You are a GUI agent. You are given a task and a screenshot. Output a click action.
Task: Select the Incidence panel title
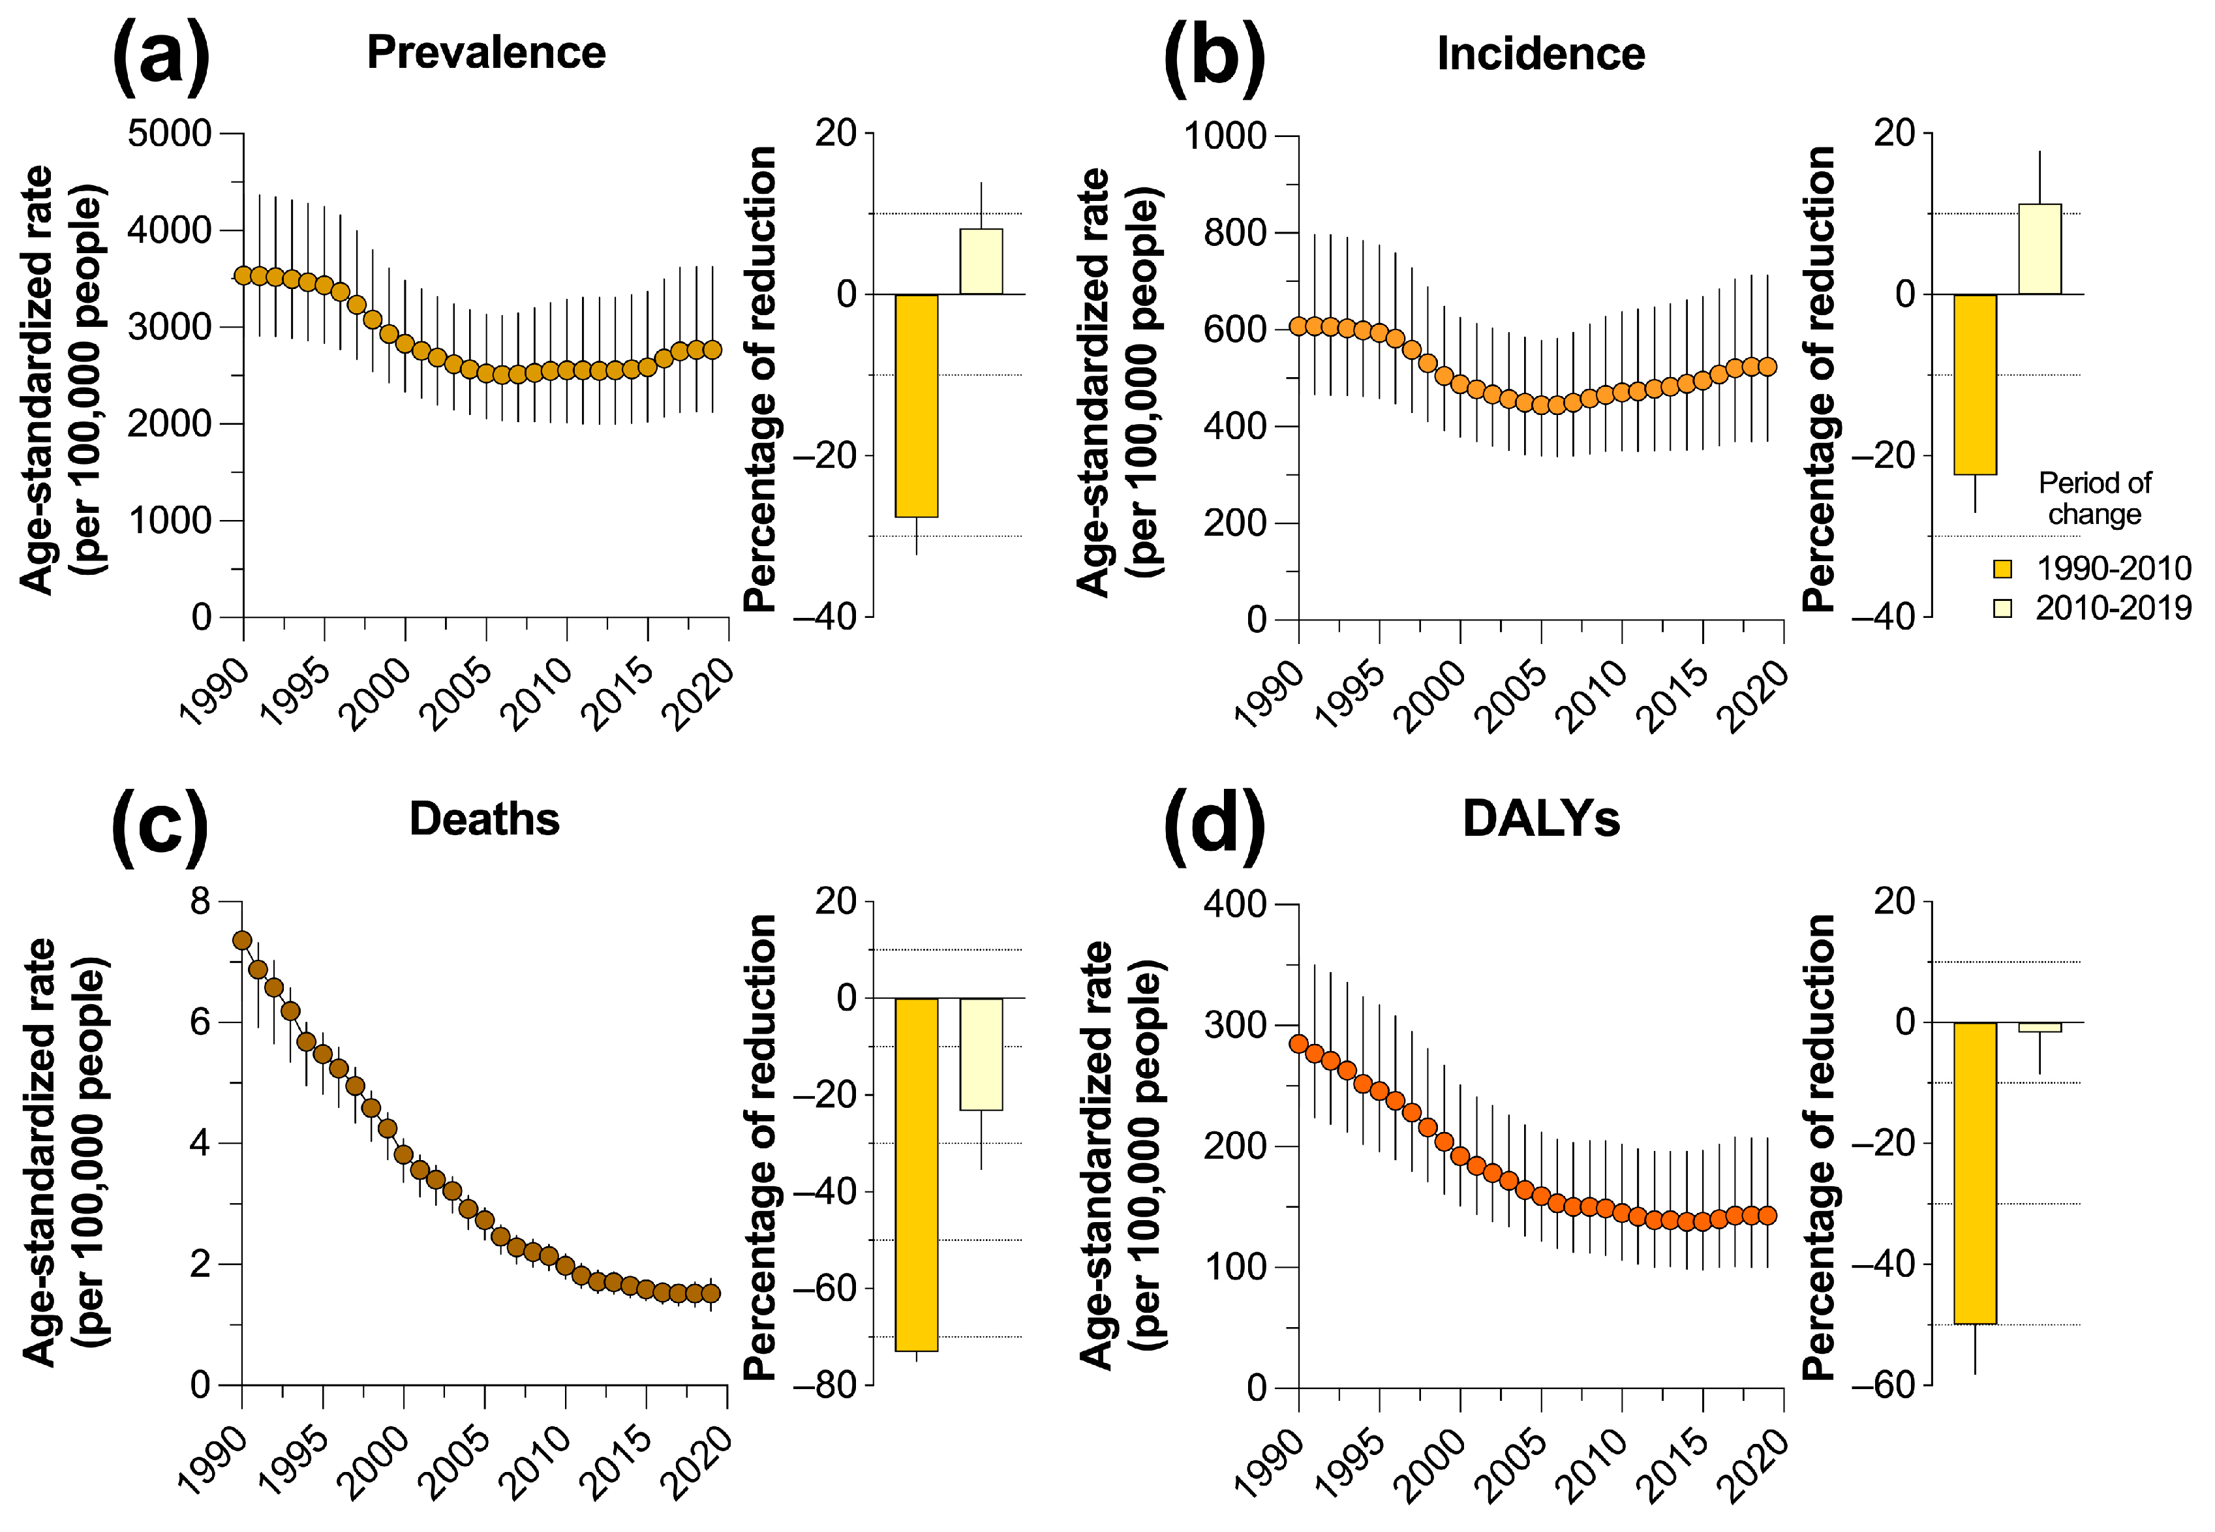[x=1540, y=54]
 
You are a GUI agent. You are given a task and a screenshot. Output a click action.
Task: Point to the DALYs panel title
[x=1540, y=819]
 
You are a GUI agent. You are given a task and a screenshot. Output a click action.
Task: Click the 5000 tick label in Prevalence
[x=169, y=133]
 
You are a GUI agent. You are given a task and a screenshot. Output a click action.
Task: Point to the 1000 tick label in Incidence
[x=1225, y=136]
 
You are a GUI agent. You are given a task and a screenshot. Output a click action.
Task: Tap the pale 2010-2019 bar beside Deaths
[x=981, y=1054]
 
